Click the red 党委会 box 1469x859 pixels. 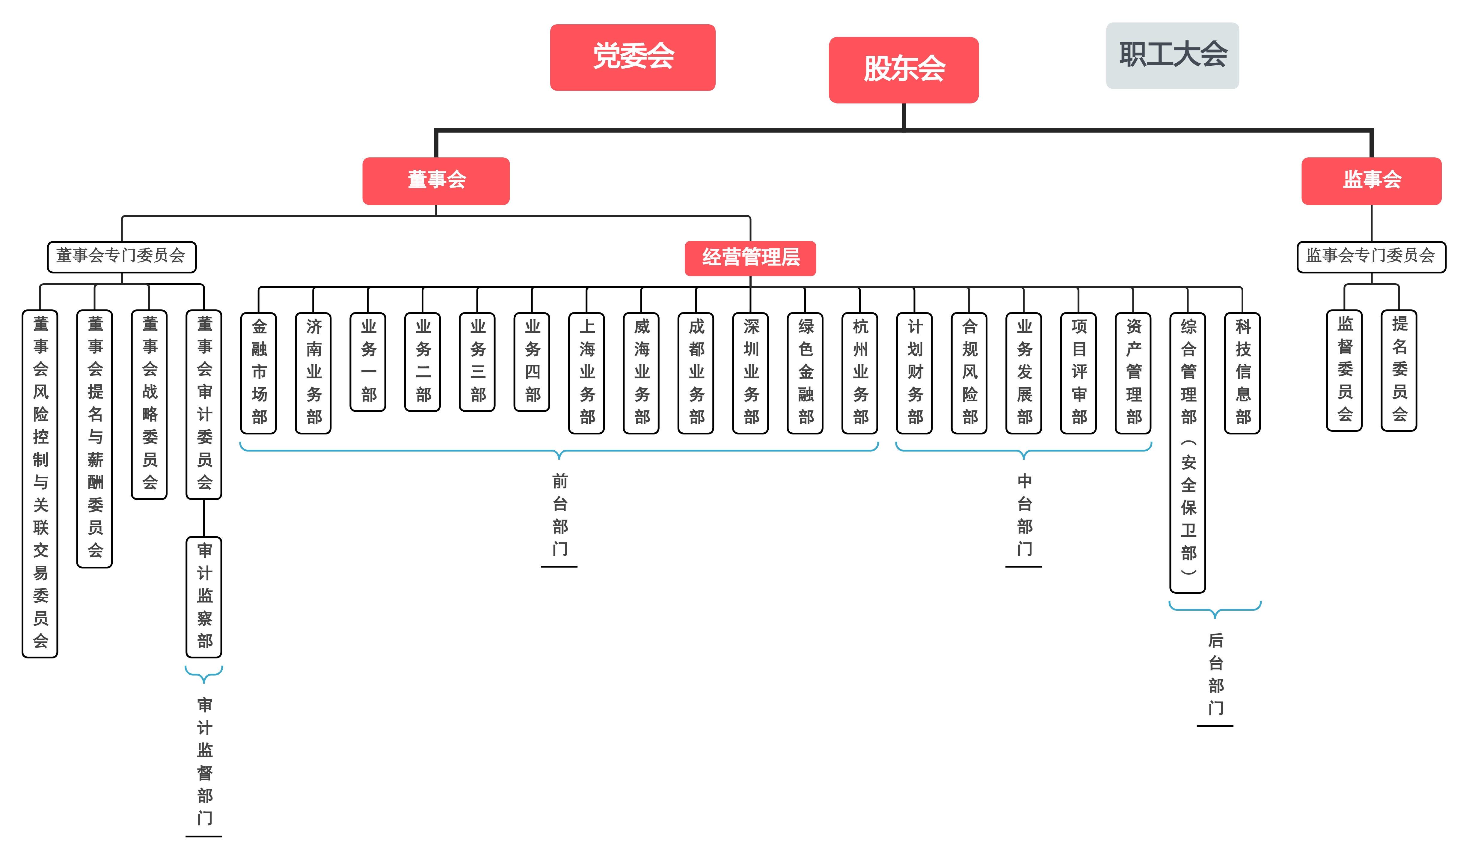click(633, 57)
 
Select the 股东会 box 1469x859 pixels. click(904, 70)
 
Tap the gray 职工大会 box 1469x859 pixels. click(1172, 55)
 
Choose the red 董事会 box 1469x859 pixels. click(436, 181)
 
